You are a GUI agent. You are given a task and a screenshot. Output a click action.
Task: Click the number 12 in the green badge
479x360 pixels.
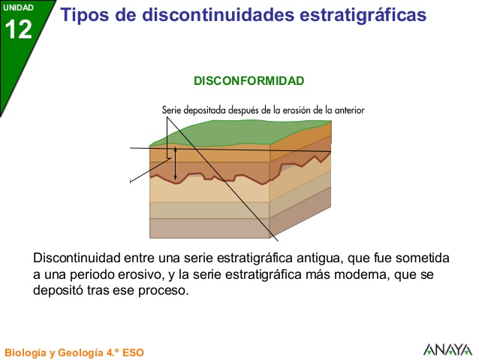(19, 30)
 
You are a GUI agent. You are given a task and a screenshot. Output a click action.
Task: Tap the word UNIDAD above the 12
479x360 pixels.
(18, 8)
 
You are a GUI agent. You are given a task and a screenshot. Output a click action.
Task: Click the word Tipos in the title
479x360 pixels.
(82, 15)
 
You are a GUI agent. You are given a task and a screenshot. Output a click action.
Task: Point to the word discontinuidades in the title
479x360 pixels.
(206, 15)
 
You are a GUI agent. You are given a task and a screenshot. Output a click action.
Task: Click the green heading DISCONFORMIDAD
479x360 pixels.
(249, 80)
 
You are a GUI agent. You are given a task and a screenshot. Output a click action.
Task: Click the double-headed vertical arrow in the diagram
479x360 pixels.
(176, 164)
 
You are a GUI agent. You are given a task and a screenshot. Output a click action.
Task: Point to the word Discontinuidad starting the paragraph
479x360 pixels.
(79, 258)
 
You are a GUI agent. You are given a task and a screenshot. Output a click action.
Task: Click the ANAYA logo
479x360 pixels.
(447, 349)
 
